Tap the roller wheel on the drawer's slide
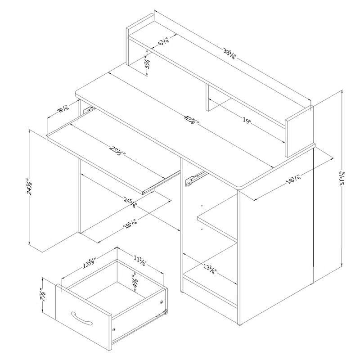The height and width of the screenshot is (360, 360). (x=166, y=312)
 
